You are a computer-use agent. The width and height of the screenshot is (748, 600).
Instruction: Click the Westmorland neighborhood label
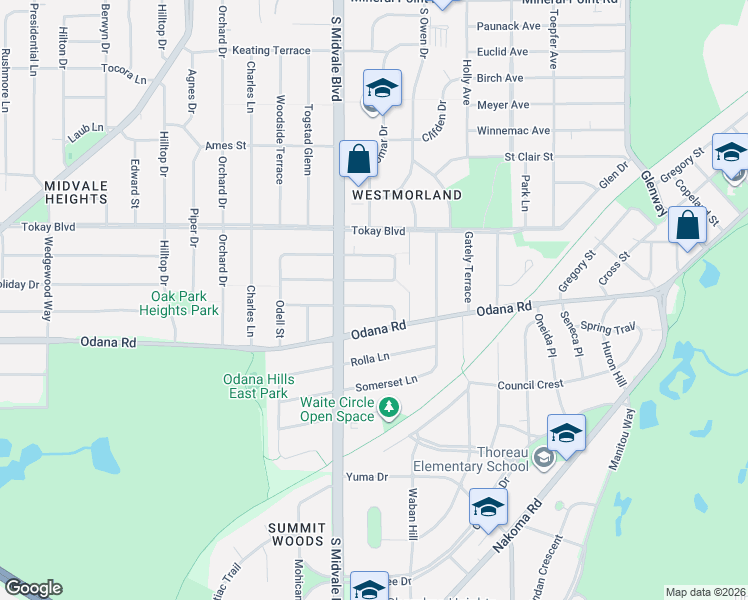[x=406, y=195]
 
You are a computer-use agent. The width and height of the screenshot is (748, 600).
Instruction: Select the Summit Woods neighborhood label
[x=297, y=533]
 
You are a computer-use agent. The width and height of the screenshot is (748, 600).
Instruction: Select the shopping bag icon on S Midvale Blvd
[x=357, y=159]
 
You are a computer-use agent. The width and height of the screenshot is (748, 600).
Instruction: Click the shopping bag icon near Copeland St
[x=687, y=225]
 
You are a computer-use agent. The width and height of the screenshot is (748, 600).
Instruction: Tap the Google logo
[x=33, y=589]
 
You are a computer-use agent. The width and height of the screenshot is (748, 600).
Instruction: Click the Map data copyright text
[x=705, y=592]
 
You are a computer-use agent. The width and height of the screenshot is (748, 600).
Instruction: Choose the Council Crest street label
[x=531, y=384]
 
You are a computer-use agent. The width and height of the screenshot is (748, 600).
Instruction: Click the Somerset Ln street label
[x=386, y=385]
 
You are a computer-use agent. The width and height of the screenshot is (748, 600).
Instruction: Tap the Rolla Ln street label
[x=369, y=360]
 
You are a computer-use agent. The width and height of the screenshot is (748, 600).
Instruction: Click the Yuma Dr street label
[x=366, y=476]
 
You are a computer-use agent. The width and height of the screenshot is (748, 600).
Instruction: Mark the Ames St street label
[x=226, y=145]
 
